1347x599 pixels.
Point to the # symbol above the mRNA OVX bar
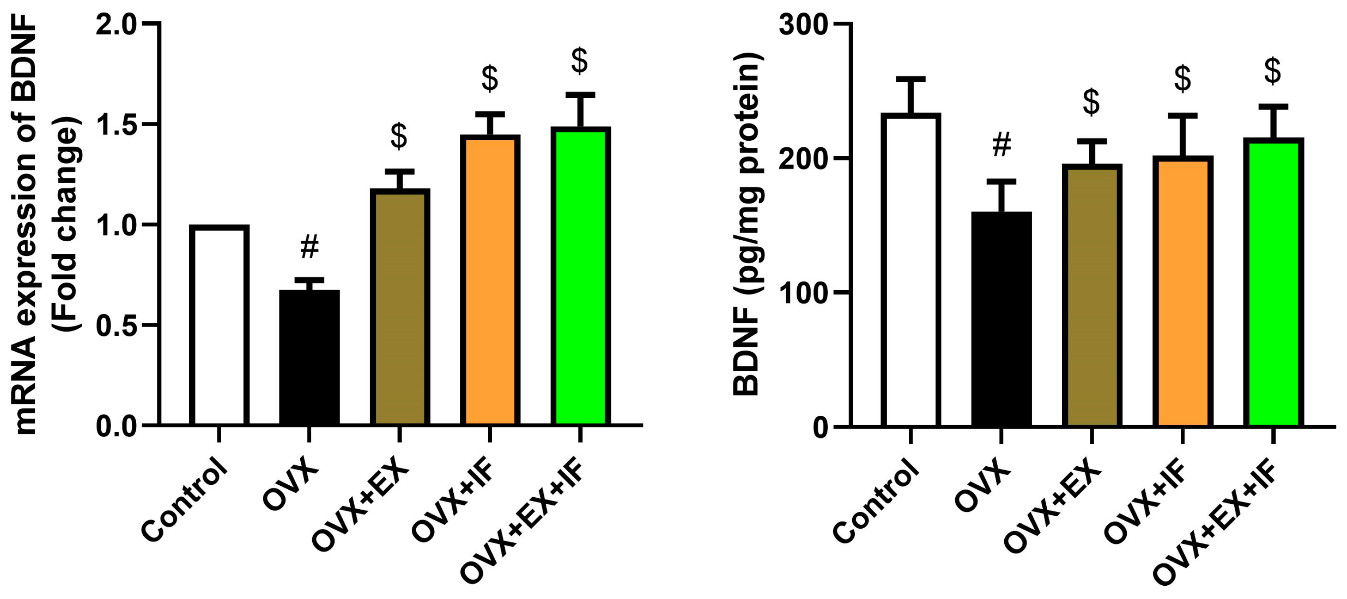(x=310, y=246)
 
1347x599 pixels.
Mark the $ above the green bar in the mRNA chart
(x=579, y=60)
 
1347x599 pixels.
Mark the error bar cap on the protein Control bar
(x=911, y=80)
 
